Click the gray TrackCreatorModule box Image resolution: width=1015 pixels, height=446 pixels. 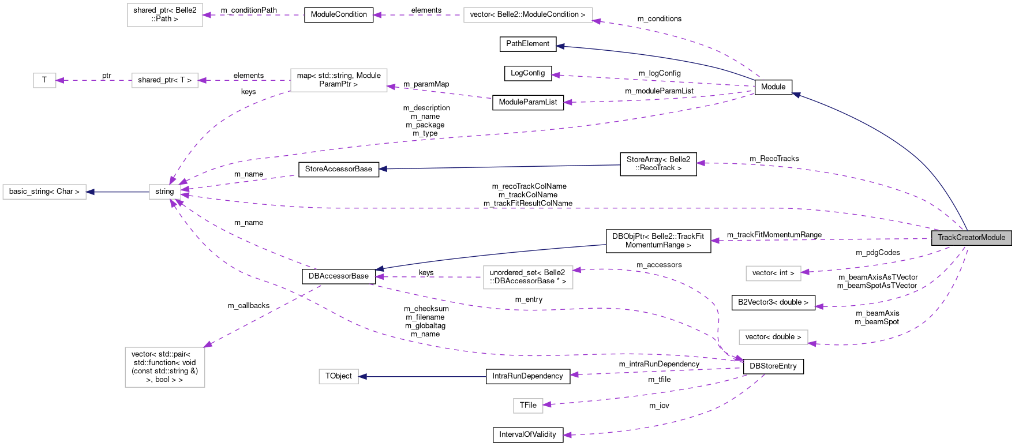[971, 238]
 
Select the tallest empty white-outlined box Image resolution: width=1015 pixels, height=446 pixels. [165, 367]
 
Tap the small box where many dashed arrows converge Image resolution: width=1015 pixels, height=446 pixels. [164, 192]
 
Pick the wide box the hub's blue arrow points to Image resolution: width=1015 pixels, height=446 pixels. [44, 192]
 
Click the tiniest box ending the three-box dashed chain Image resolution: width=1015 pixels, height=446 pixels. [44, 81]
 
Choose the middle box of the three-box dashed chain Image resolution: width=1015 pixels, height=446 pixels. [165, 81]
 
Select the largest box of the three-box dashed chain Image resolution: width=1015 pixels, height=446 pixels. [339, 80]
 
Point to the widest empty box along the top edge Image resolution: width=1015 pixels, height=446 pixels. [528, 15]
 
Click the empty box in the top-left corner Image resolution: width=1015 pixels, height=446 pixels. [165, 15]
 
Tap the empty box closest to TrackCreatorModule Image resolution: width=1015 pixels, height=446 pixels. [773, 273]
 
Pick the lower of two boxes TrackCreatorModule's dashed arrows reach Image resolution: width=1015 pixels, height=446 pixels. [773, 337]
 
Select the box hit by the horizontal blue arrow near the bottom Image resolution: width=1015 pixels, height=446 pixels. [339, 377]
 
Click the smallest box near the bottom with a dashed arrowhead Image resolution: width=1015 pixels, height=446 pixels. [528, 406]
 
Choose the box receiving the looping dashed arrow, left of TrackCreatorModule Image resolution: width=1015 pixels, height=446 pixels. [528, 278]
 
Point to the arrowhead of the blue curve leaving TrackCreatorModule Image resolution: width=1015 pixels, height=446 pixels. [796, 95]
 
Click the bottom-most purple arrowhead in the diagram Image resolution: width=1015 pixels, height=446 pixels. [568, 435]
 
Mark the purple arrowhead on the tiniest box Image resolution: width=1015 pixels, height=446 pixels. [60, 81]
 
